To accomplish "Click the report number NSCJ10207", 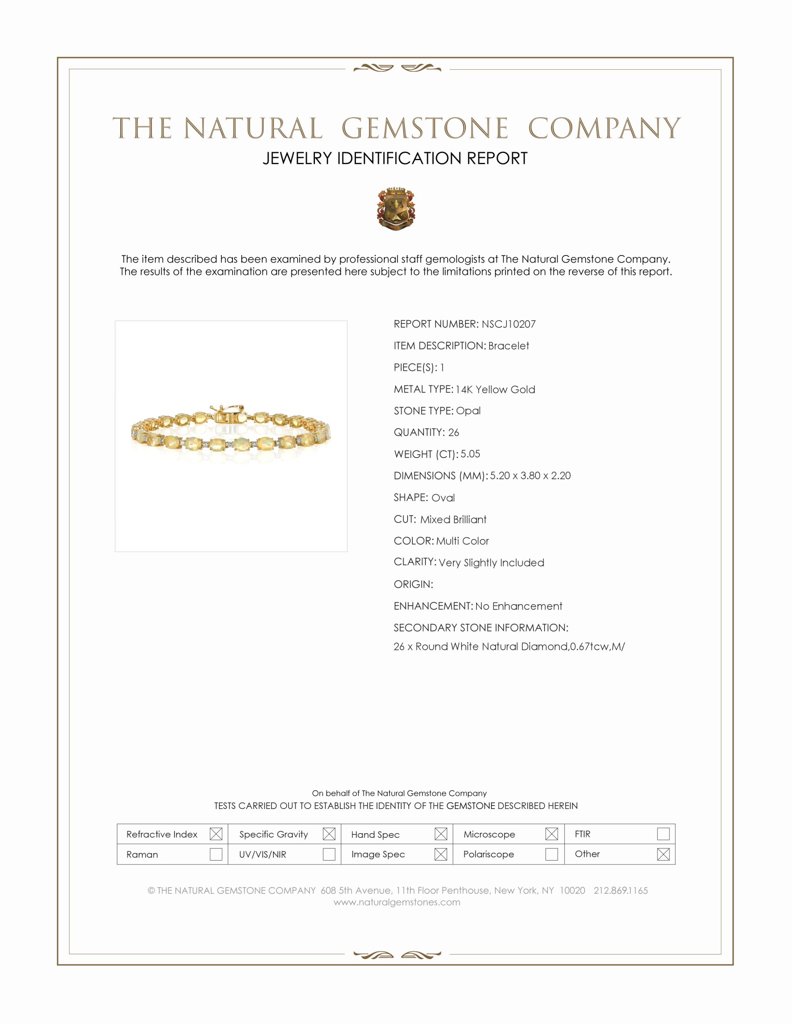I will [508, 324].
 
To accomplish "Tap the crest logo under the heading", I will [396, 209].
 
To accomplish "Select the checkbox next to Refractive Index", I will [216, 834].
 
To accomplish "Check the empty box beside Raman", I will [216, 854].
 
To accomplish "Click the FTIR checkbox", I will [663, 834].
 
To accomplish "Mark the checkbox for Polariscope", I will [552, 854].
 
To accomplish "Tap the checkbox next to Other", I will [663, 854].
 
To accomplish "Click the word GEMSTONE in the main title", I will [424, 128].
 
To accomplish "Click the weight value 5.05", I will [470, 454].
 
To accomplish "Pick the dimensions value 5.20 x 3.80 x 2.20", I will [530, 475].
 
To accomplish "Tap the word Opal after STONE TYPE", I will [468, 411].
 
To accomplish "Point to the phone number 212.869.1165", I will [620, 890].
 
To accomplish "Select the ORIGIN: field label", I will [413, 584].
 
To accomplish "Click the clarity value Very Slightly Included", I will [491, 563].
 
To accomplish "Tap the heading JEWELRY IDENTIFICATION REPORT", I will [395, 158].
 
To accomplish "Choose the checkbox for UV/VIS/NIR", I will [329, 854].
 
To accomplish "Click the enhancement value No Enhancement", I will [519, 606].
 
